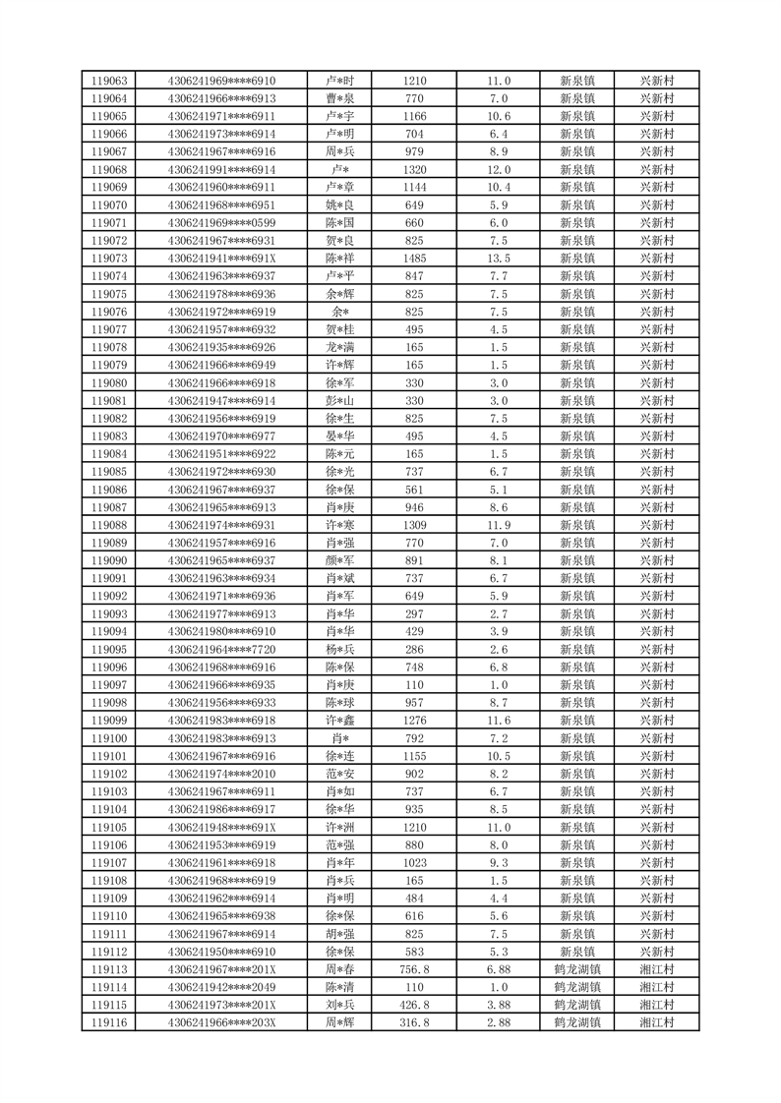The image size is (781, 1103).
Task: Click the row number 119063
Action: click(x=109, y=81)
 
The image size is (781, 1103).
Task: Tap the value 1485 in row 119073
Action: click(x=414, y=259)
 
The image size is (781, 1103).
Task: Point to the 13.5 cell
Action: click(x=499, y=259)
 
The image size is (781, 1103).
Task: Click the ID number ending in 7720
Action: click(x=222, y=650)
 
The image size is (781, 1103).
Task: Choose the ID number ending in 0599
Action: click(x=222, y=223)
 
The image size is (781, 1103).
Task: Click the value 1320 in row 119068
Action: click(x=414, y=170)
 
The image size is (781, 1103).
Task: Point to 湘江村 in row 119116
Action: click(x=657, y=1023)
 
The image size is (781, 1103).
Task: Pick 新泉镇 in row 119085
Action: click(x=577, y=472)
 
